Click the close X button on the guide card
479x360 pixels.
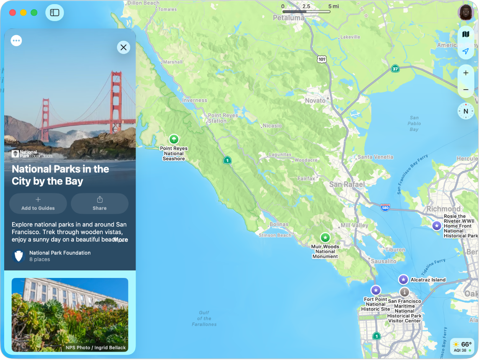click(x=124, y=48)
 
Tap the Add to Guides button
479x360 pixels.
click(x=38, y=203)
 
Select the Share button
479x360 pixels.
click(x=100, y=203)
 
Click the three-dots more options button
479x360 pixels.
click(x=16, y=41)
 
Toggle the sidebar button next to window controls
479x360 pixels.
click(x=55, y=13)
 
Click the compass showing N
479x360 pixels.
click(x=466, y=111)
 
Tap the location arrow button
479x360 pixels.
click(x=466, y=51)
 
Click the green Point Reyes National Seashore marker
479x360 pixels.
click(x=174, y=139)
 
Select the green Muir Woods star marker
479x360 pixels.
click(x=325, y=238)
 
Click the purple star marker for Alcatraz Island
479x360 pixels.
click(x=403, y=280)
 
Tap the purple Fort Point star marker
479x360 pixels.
click(x=376, y=290)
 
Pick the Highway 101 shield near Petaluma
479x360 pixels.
click(x=322, y=59)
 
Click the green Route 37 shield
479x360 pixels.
click(x=395, y=68)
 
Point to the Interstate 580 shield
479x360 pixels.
click(x=385, y=207)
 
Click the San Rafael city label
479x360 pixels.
click(x=347, y=185)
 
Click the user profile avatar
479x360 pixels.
click(x=465, y=13)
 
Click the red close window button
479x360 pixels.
click(x=13, y=13)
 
